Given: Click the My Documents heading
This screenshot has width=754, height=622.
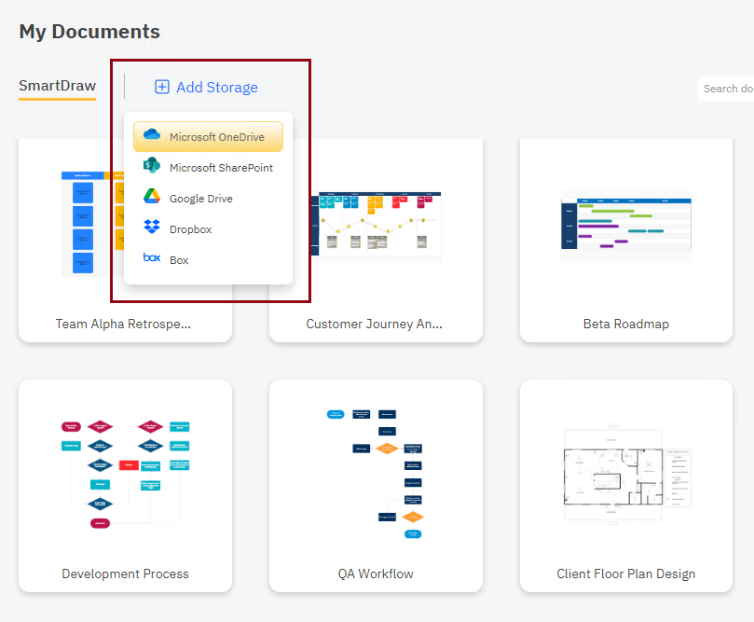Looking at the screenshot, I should click(x=89, y=32).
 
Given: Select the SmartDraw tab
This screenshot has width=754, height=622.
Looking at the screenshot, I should click(x=57, y=86).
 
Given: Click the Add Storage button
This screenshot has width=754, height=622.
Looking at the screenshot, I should click(x=216, y=87).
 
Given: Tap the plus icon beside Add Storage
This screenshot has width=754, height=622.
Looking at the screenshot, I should click(x=162, y=87).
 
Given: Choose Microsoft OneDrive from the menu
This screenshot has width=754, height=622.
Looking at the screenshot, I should click(x=216, y=137).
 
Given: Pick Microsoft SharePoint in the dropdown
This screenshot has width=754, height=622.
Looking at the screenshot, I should click(x=221, y=168).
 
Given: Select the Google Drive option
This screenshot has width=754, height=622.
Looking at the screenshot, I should click(x=200, y=199).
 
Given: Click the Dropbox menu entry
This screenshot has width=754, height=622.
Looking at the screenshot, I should click(x=190, y=229).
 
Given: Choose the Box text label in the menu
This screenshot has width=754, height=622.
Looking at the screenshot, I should click(x=179, y=260).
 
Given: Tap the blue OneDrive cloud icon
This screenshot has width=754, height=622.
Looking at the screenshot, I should click(x=152, y=136).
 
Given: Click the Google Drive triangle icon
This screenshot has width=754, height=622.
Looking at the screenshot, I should click(x=152, y=198).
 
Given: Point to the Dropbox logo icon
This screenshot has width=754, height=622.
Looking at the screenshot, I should click(x=152, y=228).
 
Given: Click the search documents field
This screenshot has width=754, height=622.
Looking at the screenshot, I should click(x=727, y=89).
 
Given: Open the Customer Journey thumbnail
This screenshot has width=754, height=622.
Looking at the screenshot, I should click(x=377, y=227).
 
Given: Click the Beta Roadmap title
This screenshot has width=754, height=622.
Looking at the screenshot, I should click(x=626, y=325).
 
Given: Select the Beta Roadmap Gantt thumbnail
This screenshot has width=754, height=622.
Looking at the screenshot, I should click(x=626, y=227).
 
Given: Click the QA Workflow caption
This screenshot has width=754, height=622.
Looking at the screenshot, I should click(x=376, y=574).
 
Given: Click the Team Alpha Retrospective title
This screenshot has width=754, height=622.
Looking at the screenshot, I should click(x=123, y=325).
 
